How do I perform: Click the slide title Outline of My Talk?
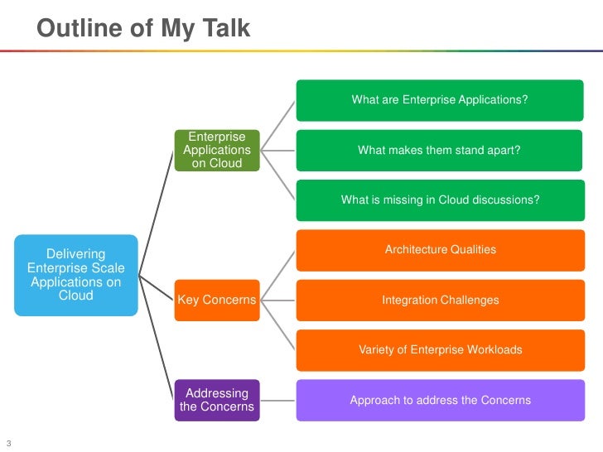coord(143,29)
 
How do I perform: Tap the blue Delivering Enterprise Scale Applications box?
coord(76,275)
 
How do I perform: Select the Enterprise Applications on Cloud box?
coord(217,151)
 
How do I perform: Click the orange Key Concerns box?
coord(217,301)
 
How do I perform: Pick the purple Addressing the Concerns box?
coord(217,400)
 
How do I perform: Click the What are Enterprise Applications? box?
coord(440,100)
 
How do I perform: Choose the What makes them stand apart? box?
coord(439,151)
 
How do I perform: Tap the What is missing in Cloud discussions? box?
coord(441,200)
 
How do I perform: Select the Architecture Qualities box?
coord(441,250)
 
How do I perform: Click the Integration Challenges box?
coord(441,301)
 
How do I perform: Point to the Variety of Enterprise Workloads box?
coord(441,350)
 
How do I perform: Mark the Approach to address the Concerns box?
coord(441,400)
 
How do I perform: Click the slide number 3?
coord(9,443)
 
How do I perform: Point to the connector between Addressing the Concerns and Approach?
coord(277,401)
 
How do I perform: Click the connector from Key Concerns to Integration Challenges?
coord(277,301)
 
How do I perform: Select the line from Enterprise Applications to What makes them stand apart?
coord(277,151)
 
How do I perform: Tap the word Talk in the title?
coord(226,28)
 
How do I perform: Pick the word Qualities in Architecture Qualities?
coord(473,249)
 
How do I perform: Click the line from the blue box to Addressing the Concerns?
coord(156,338)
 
